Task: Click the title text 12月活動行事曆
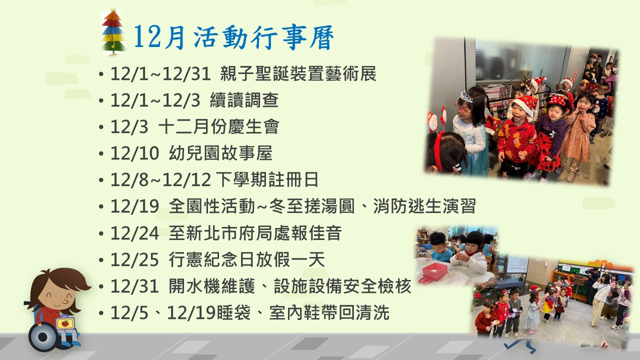pyautogui.click(x=233, y=37)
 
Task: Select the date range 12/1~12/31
pyautogui.click(x=160, y=73)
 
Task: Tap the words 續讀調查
pyautogui.click(x=244, y=100)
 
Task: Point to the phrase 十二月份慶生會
pyautogui.click(x=218, y=126)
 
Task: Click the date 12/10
pyautogui.click(x=134, y=153)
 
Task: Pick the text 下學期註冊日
pyautogui.click(x=267, y=179)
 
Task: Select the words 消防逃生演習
pyautogui.click(x=424, y=206)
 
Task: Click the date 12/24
pyautogui.click(x=134, y=233)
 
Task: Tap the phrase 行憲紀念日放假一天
pyautogui.click(x=247, y=259)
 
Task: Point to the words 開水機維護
pyautogui.click(x=211, y=286)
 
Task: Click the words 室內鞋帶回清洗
pyautogui.click(x=329, y=312)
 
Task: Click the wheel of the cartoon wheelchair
pyautogui.click(x=43, y=337)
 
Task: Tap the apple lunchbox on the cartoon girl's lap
pyautogui.click(x=65, y=323)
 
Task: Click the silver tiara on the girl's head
pyautogui.click(x=466, y=96)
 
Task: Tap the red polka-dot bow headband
pyautogui.click(x=557, y=100)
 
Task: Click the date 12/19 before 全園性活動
pyautogui.click(x=134, y=206)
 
